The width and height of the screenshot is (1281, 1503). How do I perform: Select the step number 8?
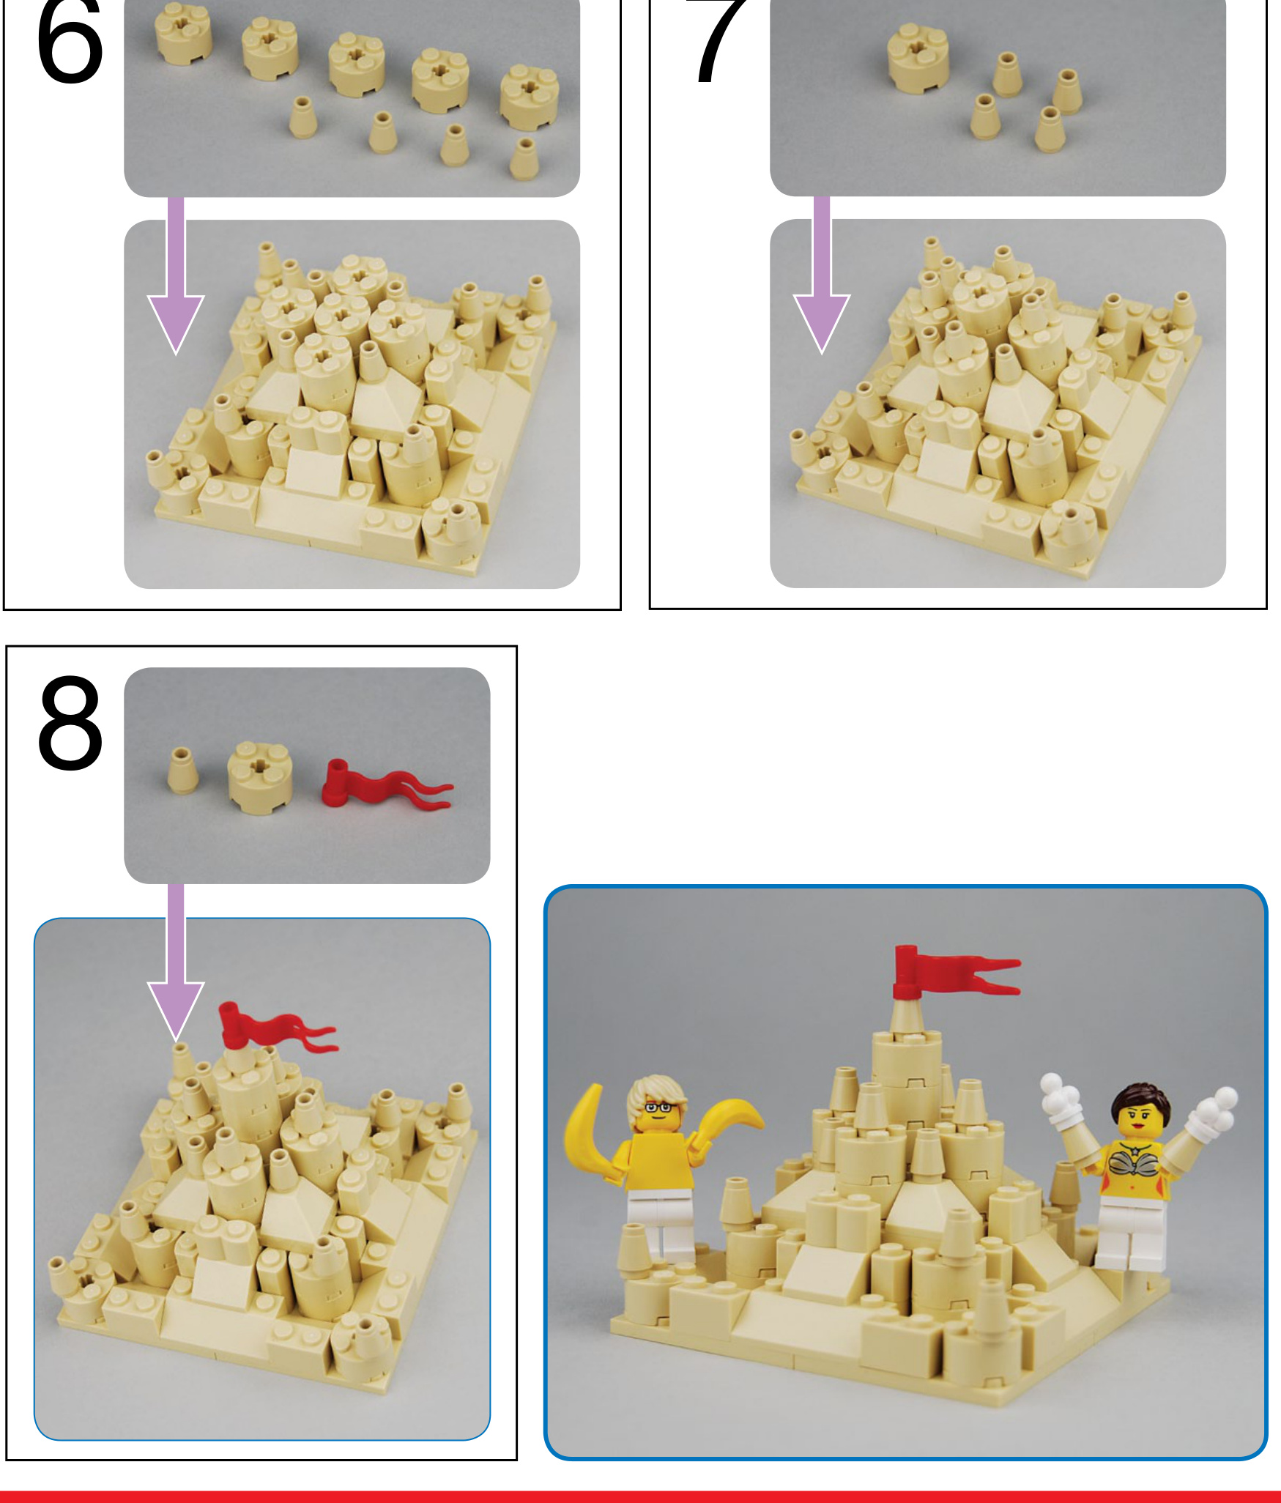(70, 723)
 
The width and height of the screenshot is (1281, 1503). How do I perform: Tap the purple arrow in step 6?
(176, 276)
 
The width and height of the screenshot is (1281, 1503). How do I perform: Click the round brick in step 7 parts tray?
(918, 56)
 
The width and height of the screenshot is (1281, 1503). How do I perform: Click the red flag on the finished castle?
(954, 971)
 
